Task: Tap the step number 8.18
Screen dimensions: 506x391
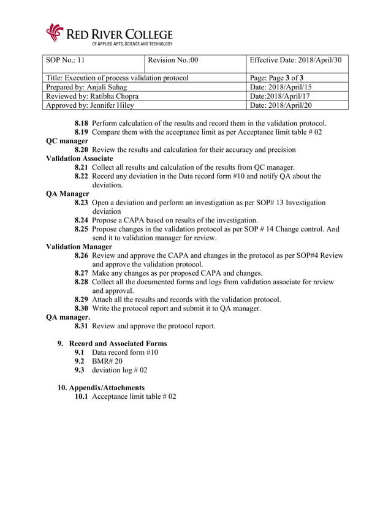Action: pyautogui.click(x=82, y=123)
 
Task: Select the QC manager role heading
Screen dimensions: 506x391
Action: pyautogui.click(x=67, y=141)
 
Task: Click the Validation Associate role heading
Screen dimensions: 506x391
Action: pyautogui.click(x=80, y=159)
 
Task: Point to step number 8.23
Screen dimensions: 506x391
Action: pyautogui.click(x=82, y=203)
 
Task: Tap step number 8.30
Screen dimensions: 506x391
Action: pyautogui.click(x=82, y=309)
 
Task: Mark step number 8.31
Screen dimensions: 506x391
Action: pyautogui.click(x=82, y=327)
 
